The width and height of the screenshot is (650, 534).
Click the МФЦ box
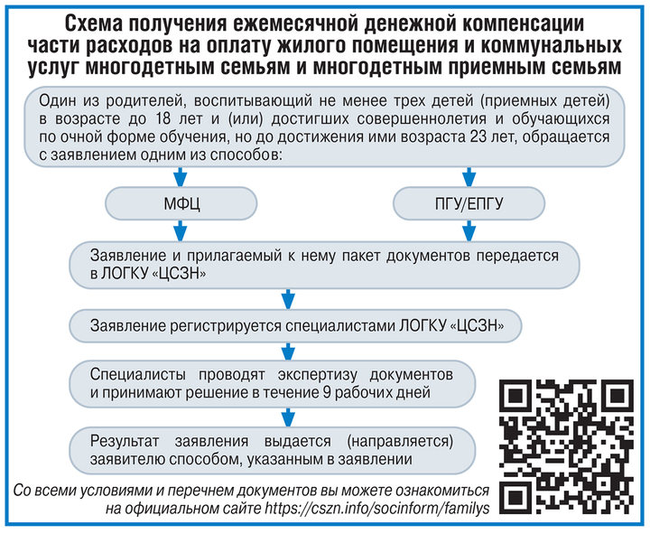pyautogui.click(x=181, y=203)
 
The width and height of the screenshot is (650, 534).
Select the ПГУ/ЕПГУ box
pyautogui.click(x=469, y=203)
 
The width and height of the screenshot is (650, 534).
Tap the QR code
pyautogui.click(x=566, y=447)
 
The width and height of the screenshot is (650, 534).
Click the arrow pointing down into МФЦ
pyautogui.click(x=180, y=177)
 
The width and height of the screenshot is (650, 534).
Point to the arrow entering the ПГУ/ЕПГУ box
pyautogui.click(x=469, y=177)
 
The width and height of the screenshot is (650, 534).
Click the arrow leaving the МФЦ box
pyautogui.click(x=180, y=231)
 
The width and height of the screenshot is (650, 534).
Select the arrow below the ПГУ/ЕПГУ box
pyautogui.click(x=469, y=231)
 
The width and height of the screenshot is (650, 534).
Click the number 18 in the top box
pyautogui.click(x=163, y=118)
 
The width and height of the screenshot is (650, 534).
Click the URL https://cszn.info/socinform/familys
pyautogui.click(x=377, y=508)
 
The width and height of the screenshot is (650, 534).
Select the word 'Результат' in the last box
pyautogui.click(x=125, y=442)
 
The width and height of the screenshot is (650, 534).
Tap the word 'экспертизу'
pyautogui.click(x=317, y=375)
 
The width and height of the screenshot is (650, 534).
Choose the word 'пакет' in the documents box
pyautogui.click(x=360, y=256)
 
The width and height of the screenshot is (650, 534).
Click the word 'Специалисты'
pyautogui.click(x=137, y=375)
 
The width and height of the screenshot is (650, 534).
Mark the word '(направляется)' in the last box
pyautogui.click(x=400, y=442)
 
